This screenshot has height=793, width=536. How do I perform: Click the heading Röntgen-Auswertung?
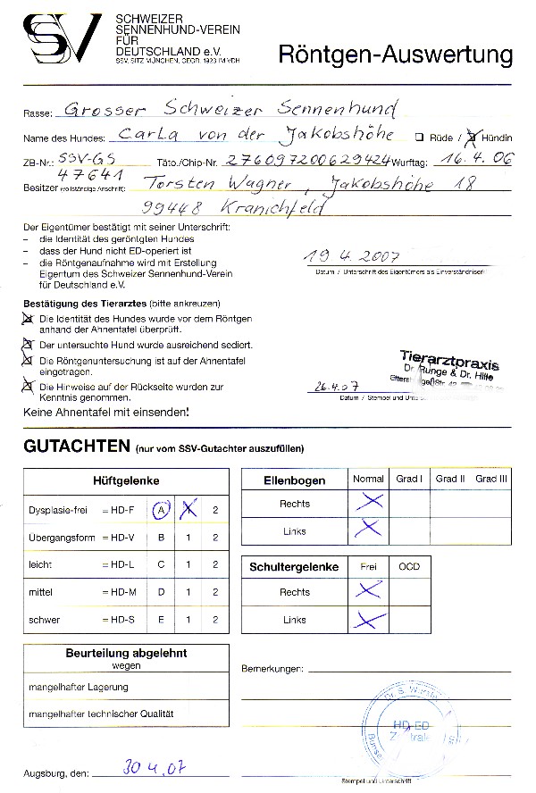[x=396, y=56]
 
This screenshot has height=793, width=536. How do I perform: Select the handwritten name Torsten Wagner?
[x=207, y=185]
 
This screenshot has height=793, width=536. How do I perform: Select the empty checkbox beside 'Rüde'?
[x=418, y=138]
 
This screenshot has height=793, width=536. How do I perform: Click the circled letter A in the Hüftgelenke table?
[x=162, y=509]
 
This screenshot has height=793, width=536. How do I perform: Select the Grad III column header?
[x=491, y=480]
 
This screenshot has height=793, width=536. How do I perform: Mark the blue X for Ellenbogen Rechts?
[x=367, y=503]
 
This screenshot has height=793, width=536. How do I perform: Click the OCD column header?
[x=408, y=567]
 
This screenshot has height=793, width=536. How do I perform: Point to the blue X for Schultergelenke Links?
[x=366, y=619]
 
